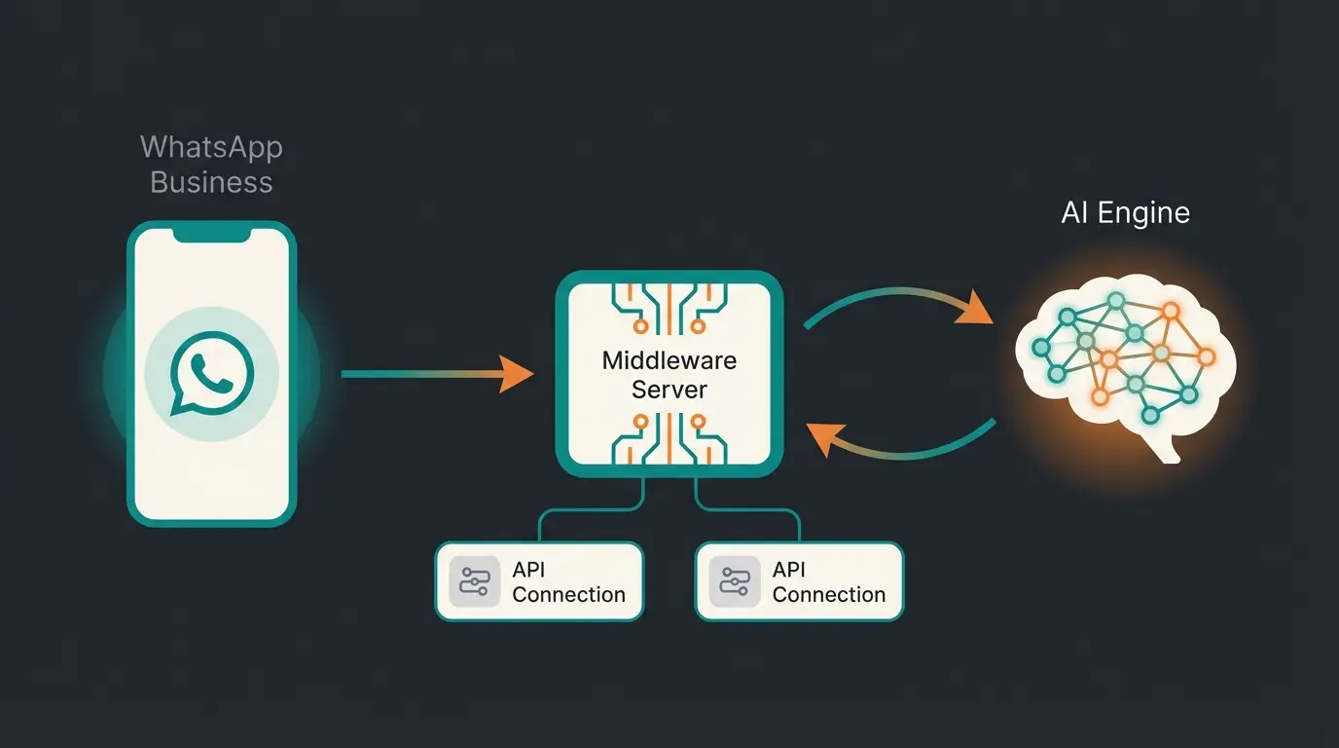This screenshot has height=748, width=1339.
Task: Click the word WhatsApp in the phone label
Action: click(x=211, y=148)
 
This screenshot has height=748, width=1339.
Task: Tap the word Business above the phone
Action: click(x=211, y=182)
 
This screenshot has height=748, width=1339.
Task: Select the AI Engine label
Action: click(x=1125, y=213)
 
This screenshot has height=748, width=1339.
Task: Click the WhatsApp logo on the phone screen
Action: click(x=211, y=374)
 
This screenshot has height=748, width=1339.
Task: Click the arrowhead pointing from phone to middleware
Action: click(x=516, y=374)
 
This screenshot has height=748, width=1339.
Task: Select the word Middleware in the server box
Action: click(x=669, y=360)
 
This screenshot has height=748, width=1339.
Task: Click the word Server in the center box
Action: click(x=669, y=390)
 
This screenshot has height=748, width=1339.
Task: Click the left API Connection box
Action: click(x=539, y=581)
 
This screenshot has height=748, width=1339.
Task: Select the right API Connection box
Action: click(x=799, y=581)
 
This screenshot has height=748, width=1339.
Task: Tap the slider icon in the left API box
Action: click(x=474, y=581)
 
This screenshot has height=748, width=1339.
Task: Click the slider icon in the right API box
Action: click(x=734, y=581)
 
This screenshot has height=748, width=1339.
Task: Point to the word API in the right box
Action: click(x=789, y=569)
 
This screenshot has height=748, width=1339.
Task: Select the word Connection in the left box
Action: click(x=568, y=594)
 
